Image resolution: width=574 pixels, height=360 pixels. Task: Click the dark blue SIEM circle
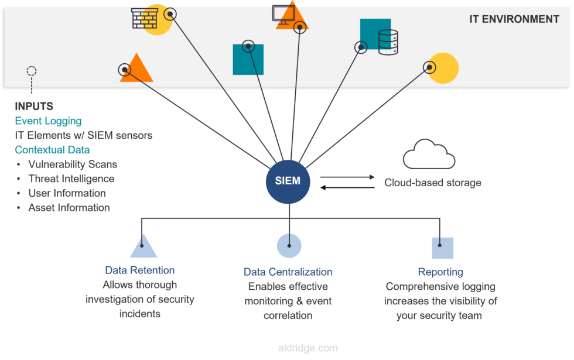pos(288,181)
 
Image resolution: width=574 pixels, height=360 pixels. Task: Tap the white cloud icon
pos(429,155)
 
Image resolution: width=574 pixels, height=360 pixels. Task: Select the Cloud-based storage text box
pos(445,184)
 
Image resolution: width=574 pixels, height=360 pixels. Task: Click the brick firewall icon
pos(144,18)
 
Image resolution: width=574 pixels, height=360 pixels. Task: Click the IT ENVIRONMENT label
pos(514,19)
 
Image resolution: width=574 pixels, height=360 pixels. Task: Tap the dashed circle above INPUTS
pos(32,71)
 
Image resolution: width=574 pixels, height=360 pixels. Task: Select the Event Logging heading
pos(48,121)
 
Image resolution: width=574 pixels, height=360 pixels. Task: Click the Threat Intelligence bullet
pos(71,179)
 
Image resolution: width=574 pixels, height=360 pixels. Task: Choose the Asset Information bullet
pos(69,208)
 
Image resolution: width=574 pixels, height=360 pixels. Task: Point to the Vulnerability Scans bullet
pos(73,165)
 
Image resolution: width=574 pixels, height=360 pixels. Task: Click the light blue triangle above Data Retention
pos(143,248)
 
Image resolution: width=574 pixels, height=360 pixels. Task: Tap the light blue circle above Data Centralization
pos(289,246)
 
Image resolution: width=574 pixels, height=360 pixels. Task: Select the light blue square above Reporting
pos(442,248)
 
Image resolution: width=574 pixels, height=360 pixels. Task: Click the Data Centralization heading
pos(288,272)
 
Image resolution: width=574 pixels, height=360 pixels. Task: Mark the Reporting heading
pos(440,272)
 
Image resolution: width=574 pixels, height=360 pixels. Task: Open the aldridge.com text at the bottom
pos(307,348)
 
